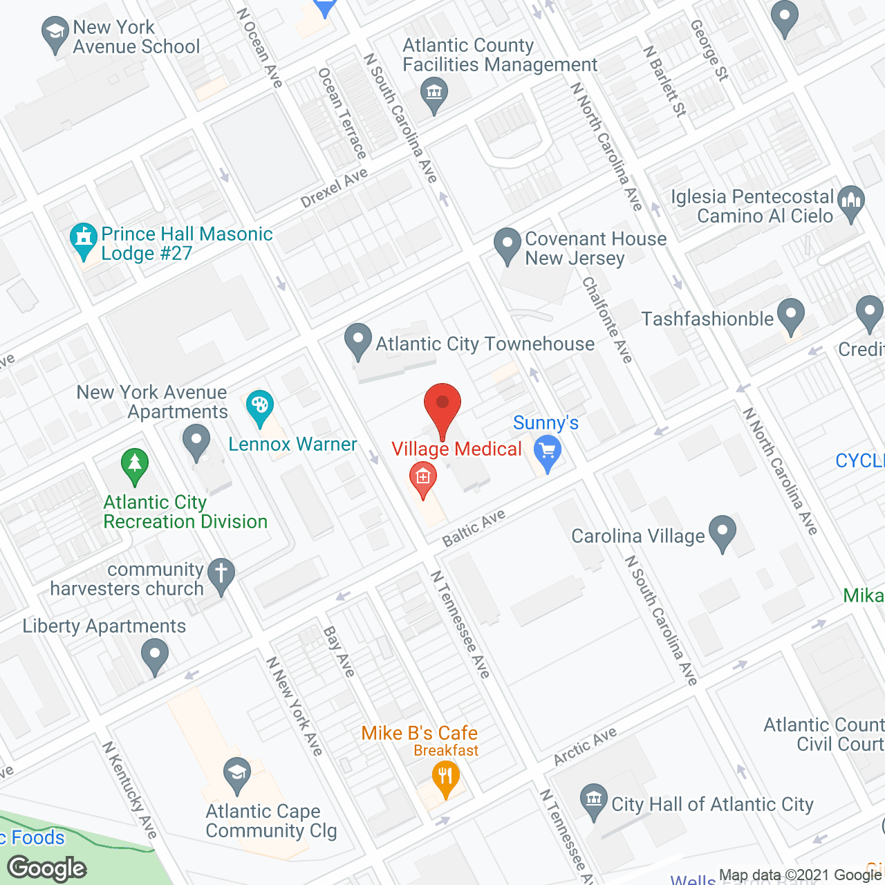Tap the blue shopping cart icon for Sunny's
[x=548, y=452]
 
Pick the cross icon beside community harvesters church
[x=221, y=575]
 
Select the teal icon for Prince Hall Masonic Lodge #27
[x=84, y=239]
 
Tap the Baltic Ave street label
[x=474, y=528]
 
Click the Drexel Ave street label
[x=334, y=188]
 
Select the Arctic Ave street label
[x=585, y=747]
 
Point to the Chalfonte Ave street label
[x=607, y=319]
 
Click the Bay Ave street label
[x=339, y=651]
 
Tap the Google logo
[x=47, y=868]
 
